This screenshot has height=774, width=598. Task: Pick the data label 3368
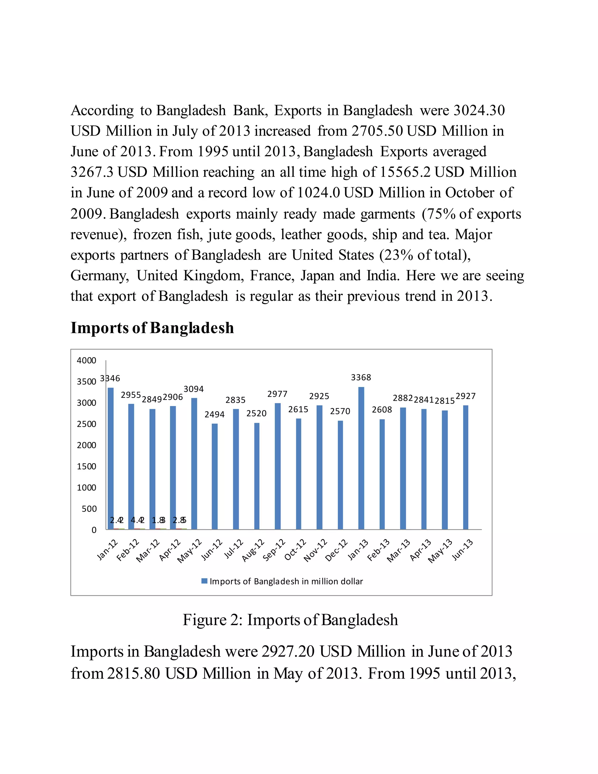click(361, 377)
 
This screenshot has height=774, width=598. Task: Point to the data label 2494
click(214, 414)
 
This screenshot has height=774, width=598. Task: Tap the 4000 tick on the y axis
click(86, 360)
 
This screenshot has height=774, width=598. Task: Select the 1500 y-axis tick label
click(86, 466)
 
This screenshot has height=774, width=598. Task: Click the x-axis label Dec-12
click(337, 550)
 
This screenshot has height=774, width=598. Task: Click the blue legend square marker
click(204, 581)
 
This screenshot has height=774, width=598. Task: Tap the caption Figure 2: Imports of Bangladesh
click(290, 620)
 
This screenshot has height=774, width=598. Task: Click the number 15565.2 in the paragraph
click(405, 172)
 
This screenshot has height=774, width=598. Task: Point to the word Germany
click(100, 276)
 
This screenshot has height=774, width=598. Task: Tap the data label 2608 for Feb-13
click(382, 410)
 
